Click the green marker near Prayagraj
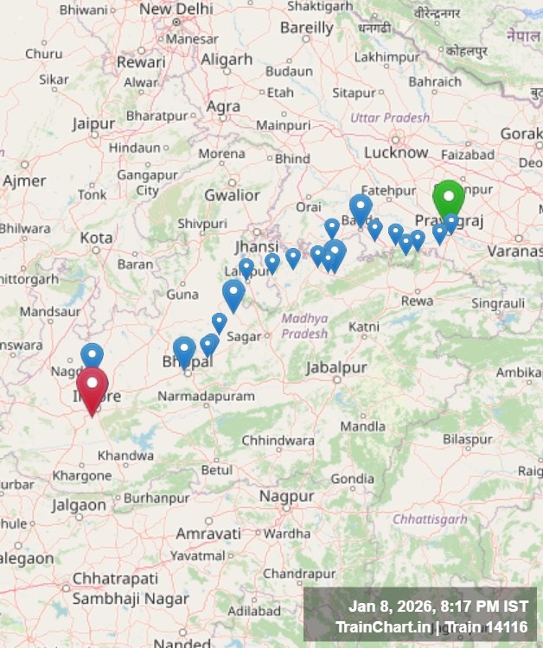point(449,198)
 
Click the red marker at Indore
point(93,386)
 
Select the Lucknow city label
point(396,152)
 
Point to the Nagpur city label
point(286,497)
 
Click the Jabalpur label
point(337,367)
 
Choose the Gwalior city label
point(232,195)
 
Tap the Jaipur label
point(93,124)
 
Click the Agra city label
point(223,106)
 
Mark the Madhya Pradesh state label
point(304,326)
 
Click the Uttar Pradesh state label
point(389,118)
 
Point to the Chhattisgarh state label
point(429,519)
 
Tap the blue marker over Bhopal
point(183,351)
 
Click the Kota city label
point(96,238)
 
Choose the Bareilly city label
point(306,28)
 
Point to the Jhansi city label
point(257,247)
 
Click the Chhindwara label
point(278,441)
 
